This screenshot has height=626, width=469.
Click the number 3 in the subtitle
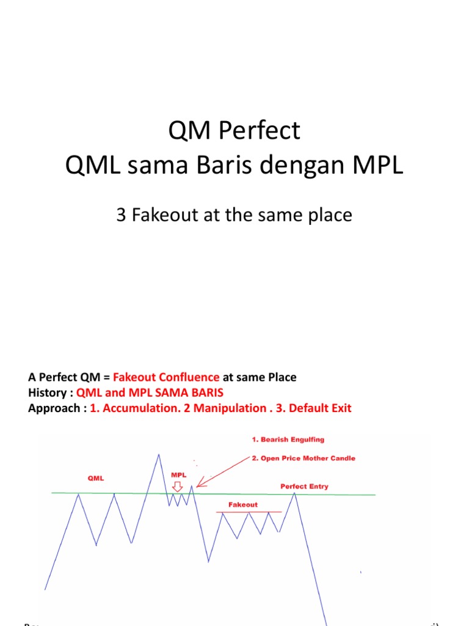(x=121, y=215)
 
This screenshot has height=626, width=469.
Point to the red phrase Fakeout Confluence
(x=166, y=377)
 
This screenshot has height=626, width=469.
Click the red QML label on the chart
(x=96, y=479)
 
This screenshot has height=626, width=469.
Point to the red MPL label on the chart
(x=178, y=474)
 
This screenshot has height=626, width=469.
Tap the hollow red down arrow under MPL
(x=178, y=487)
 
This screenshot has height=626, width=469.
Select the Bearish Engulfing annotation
(x=286, y=439)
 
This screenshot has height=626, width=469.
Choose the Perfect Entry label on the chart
(x=304, y=487)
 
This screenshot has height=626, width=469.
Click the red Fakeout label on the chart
(x=243, y=505)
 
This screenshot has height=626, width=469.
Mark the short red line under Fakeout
(x=249, y=512)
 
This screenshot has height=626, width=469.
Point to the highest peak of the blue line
(x=159, y=454)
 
